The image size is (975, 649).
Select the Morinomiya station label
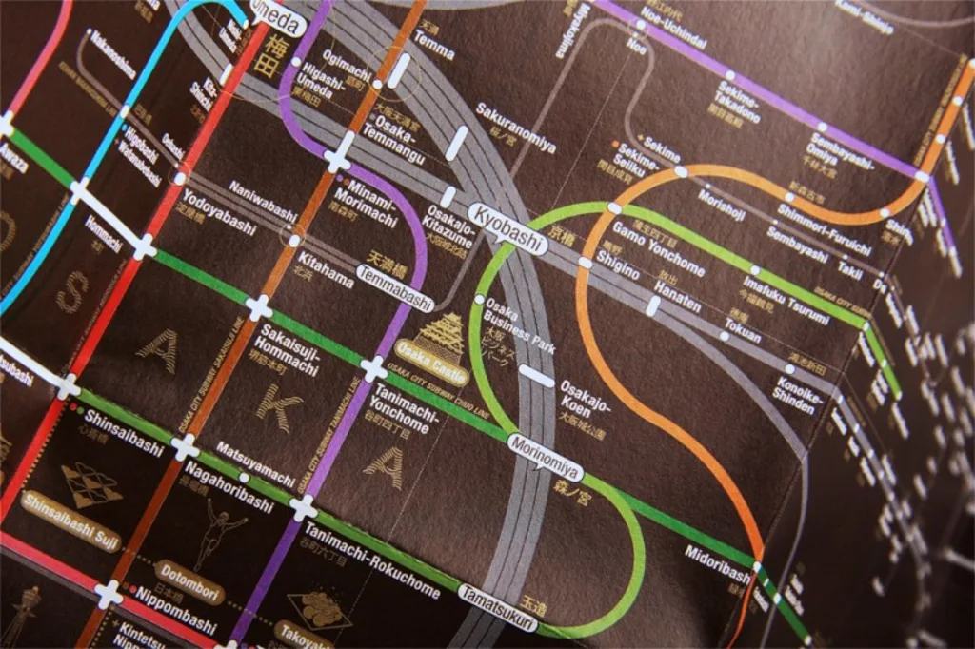(545, 451)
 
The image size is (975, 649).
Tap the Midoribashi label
(716, 563)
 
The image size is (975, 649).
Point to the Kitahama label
(325, 270)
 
